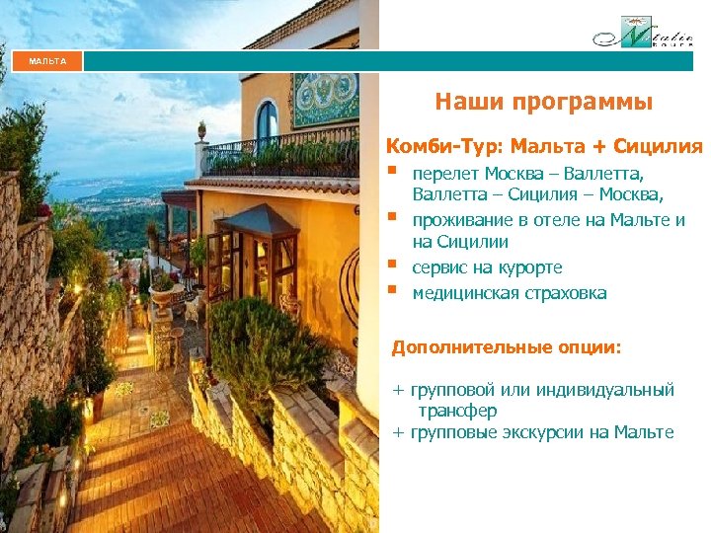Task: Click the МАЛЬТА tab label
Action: point(47,61)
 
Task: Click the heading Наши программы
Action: point(543,102)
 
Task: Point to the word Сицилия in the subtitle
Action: point(658,147)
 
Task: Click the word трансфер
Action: point(457,410)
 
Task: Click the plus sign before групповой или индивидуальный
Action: point(398,390)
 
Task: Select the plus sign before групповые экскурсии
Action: point(398,431)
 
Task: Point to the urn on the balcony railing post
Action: point(202,129)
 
